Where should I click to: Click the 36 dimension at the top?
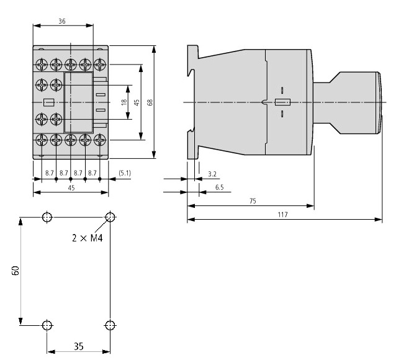62,20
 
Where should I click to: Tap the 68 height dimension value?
150,101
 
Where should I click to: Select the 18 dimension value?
124,101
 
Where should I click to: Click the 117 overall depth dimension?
282,214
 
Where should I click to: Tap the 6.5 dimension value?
220,187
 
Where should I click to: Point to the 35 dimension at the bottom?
78,347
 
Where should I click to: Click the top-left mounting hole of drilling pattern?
47,217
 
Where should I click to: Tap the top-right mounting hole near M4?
110,217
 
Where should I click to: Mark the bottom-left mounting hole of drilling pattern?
47,325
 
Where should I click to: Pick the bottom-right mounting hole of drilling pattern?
110,325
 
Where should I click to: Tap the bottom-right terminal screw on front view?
97,140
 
